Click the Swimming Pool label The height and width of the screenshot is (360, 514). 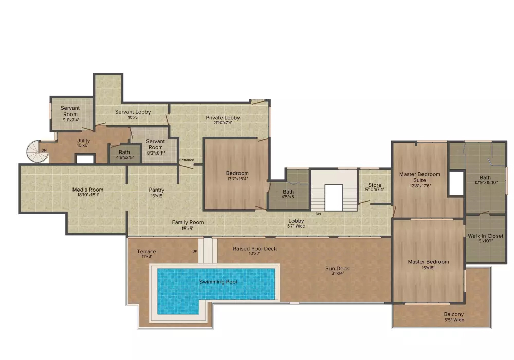[x=218, y=282]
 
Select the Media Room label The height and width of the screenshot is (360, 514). [x=87, y=190]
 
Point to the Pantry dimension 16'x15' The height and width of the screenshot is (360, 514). [x=157, y=196]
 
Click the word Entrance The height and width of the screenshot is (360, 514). [x=187, y=160]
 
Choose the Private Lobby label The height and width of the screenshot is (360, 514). [x=223, y=117]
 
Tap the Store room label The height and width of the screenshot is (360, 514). [x=375, y=185]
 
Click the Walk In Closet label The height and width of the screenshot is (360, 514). [x=486, y=236]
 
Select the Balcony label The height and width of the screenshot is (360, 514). [x=454, y=314]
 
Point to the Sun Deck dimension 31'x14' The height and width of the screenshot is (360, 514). [x=337, y=273]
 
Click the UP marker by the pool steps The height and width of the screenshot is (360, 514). [x=195, y=251]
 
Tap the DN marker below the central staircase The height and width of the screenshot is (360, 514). [x=318, y=214]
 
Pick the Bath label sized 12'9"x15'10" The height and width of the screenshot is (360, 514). [x=485, y=178]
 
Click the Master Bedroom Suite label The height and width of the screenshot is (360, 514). [x=419, y=177]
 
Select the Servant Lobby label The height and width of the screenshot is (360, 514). [x=133, y=112]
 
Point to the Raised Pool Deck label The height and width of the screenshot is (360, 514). [x=255, y=248]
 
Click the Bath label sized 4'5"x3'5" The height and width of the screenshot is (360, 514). [x=124, y=153]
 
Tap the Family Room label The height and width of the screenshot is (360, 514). [x=188, y=222]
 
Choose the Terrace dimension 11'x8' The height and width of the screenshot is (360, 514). [x=146, y=256]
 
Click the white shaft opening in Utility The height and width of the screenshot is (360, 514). [x=85, y=159]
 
